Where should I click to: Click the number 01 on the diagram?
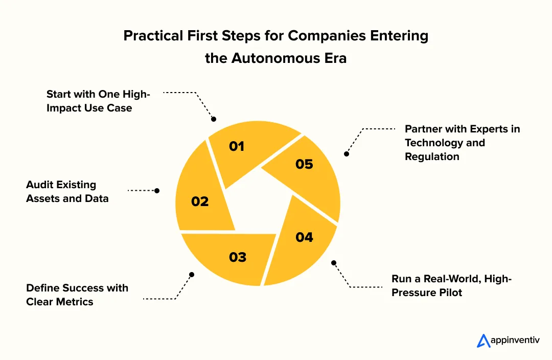click(237, 147)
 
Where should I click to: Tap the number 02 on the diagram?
click(200, 201)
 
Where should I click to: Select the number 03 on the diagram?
click(238, 257)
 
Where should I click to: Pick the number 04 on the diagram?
click(304, 237)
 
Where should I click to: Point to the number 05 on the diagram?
click(304, 164)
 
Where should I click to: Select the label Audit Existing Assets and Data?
click(67, 191)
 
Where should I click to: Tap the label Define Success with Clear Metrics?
click(77, 295)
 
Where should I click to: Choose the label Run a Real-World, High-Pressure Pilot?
click(451, 285)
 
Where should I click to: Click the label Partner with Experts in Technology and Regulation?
click(462, 143)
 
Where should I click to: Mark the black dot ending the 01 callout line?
click(214, 119)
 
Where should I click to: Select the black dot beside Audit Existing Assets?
click(157, 190)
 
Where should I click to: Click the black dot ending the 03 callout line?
click(192, 275)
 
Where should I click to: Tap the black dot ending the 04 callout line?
click(334, 263)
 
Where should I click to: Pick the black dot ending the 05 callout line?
click(347, 153)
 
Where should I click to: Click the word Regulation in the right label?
click(432, 156)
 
